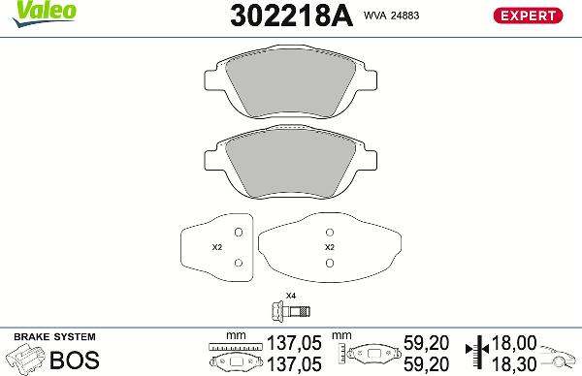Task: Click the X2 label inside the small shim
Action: (217, 247)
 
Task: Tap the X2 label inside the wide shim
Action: (329, 247)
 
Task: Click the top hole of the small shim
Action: (238, 233)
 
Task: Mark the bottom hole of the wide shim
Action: (330, 262)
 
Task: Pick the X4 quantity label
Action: (290, 295)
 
